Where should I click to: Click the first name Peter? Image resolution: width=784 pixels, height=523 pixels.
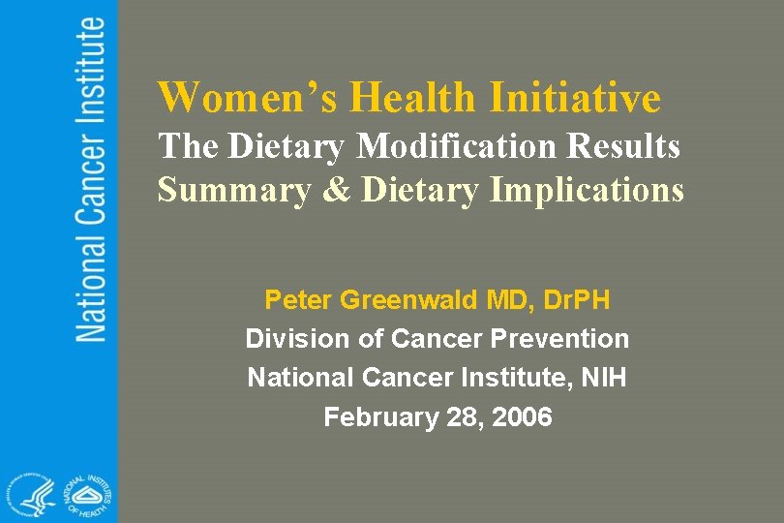(x=297, y=300)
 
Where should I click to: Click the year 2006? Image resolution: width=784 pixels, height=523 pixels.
(x=522, y=417)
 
